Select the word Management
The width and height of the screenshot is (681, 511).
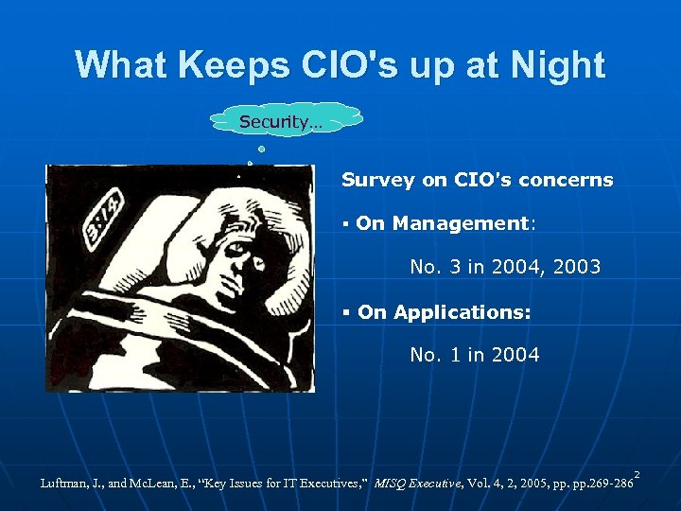(x=462, y=223)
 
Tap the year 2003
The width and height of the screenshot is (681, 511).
(x=573, y=267)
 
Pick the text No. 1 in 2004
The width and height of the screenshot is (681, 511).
(x=475, y=355)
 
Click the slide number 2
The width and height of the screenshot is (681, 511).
(x=637, y=474)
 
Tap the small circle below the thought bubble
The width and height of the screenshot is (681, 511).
(x=261, y=150)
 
